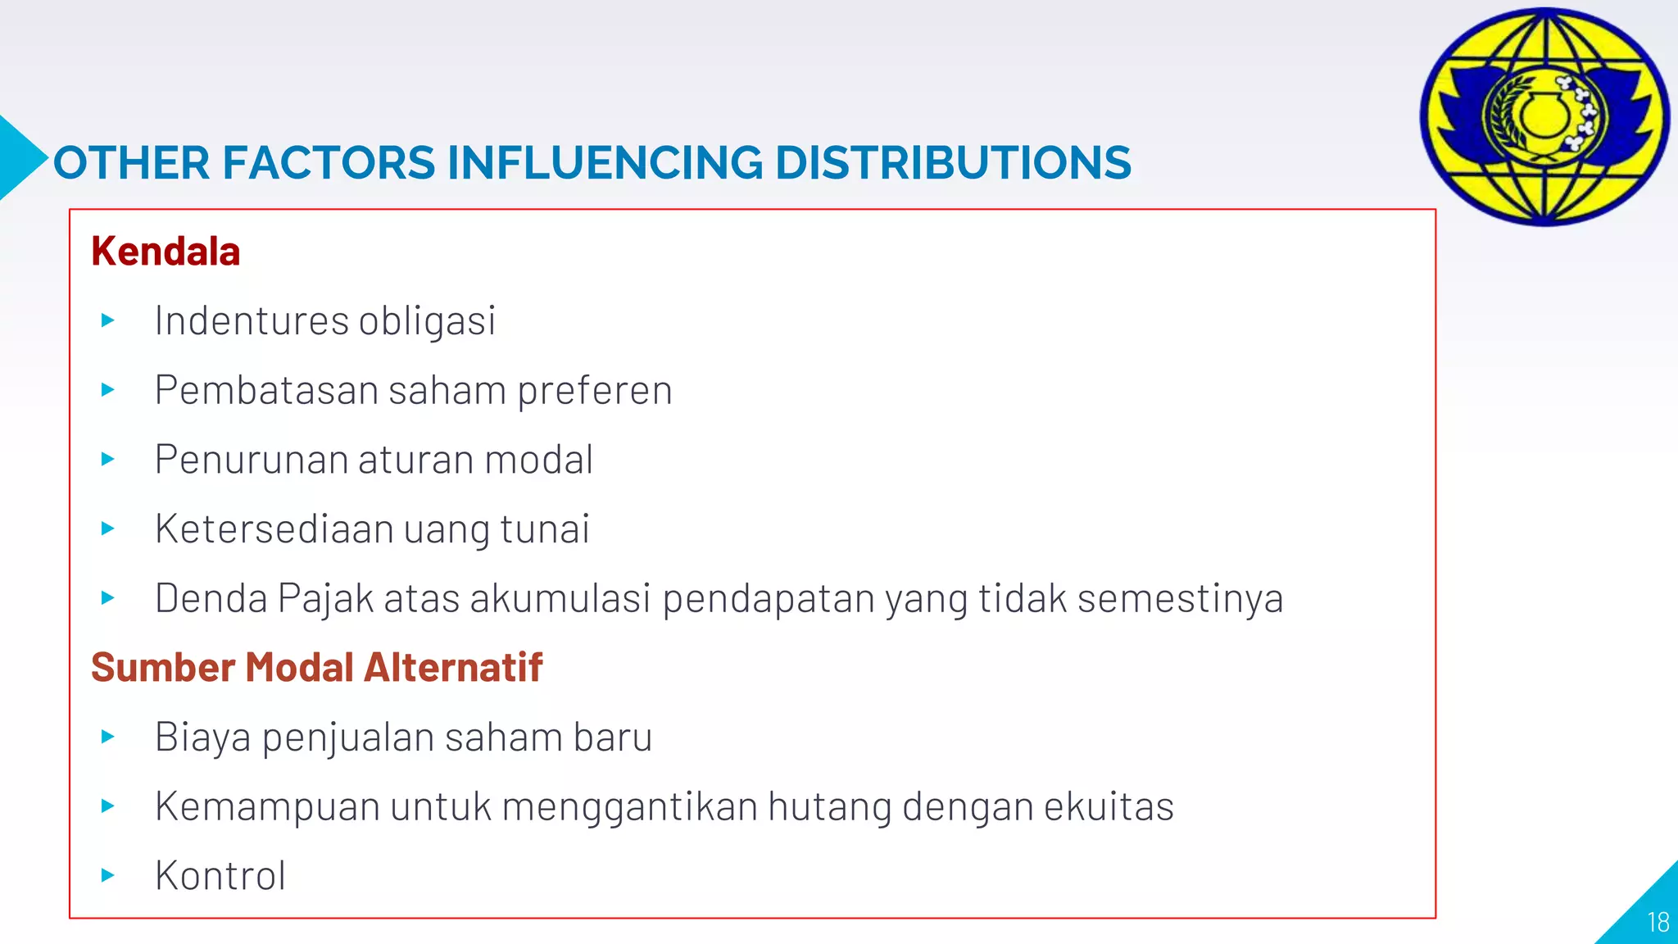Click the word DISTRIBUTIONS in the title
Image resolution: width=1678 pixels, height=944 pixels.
click(953, 162)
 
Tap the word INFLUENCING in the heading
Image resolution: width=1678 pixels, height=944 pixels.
click(605, 162)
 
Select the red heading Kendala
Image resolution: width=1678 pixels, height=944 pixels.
click(166, 252)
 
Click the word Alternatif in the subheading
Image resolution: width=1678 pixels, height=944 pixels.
click(453, 668)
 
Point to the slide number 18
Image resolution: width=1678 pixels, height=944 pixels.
click(1658, 923)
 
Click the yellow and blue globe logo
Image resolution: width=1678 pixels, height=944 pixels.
click(1544, 116)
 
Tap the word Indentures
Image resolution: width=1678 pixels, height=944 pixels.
click(251, 320)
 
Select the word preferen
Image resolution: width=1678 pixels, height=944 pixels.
click(595, 390)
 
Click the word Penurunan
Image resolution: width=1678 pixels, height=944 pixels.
click(251, 460)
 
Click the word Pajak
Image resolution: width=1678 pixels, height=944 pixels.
click(325, 599)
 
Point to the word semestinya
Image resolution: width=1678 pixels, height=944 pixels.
click(1180, 599)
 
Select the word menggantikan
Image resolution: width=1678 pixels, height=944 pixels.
click(629, 807)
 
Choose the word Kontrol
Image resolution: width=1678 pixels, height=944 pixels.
click(220, 876)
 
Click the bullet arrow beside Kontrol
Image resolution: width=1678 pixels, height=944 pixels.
click(107, 876)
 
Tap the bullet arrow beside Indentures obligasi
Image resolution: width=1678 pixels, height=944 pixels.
click(107, 320)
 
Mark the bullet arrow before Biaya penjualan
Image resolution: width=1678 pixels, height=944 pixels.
click(107, 737)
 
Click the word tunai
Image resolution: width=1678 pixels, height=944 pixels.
click(545, 529)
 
